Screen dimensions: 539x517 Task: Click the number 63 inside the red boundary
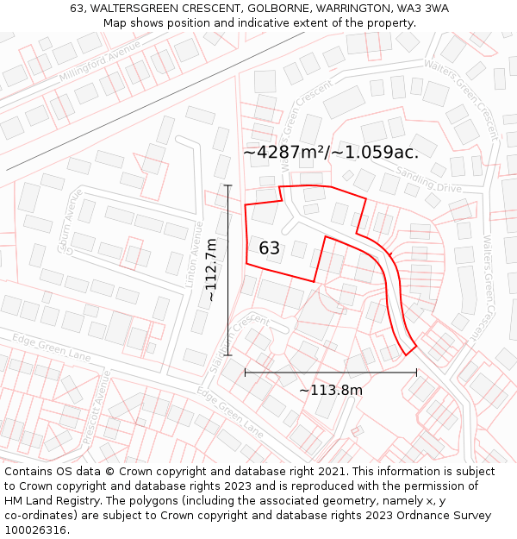pyautogui.click(x=269, y=248)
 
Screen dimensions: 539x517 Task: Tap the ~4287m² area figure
pyautogui.click(x=285, y=153)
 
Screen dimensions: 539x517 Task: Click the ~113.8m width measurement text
pyautogui.click(x=331, y=391)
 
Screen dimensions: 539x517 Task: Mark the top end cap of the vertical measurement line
pyautogui.click(x=227, y=185)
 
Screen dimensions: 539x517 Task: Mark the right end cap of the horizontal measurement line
pyautogui.click(x=416, y=373)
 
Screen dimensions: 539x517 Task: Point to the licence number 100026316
pyautogui.click(x=34, y=530)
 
